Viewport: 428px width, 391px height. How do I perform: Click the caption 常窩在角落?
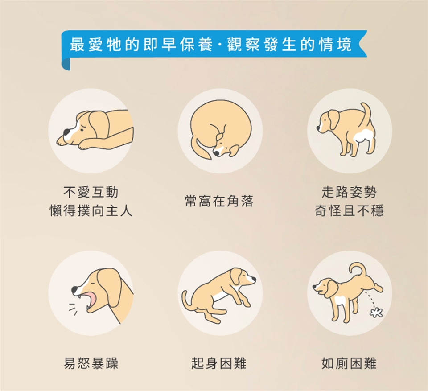(x=219, y=201)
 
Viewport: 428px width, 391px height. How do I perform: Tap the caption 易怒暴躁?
(x=91, y=363)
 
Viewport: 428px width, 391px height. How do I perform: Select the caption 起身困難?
(x=219, y=363)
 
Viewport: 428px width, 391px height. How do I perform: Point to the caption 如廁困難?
(x=349, y=363)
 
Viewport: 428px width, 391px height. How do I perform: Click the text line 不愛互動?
(x=91, y=192)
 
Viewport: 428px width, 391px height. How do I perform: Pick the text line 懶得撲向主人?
(x=91, y=210)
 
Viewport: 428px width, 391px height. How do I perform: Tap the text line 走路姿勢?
(x=349, y=192)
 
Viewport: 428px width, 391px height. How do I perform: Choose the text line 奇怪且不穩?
(x=349, y=210)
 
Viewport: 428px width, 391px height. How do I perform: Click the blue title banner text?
(x=211, y=45)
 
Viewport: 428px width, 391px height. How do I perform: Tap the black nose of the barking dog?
(x=74, y=290)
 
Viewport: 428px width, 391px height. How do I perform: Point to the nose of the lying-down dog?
(x=66, y=133)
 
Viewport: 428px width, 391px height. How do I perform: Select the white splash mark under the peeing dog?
(x=376, y=312)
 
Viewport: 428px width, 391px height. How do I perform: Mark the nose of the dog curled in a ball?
(x=216, y=153)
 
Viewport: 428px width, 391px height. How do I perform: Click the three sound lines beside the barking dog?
(x=73, y=309)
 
